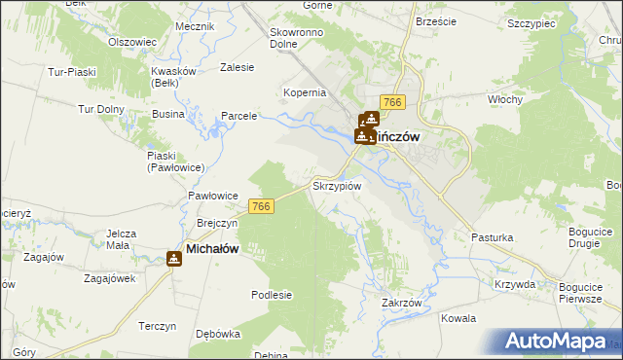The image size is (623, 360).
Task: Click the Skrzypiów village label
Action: click(x=337, y=185)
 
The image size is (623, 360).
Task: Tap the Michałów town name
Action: click(x=212, y=249)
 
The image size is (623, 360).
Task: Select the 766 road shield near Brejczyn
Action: click(x=260, y=206)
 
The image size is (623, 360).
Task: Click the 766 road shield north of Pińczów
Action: click(x=393, y=103)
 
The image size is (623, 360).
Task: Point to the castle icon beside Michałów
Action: click(x=173, y=258)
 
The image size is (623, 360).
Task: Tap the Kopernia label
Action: click(x=304, y=92)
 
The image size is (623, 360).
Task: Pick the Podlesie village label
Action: click(x=272, y=294)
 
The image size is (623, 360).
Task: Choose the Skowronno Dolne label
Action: click(x=298, y=38)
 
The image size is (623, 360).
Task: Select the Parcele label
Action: click(x=238, y=116)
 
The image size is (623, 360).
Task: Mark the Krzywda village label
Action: click(x=515, y=284)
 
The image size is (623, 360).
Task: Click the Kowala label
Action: click(x=458, y=318)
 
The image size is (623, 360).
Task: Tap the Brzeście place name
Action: click(x=436, y=21)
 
